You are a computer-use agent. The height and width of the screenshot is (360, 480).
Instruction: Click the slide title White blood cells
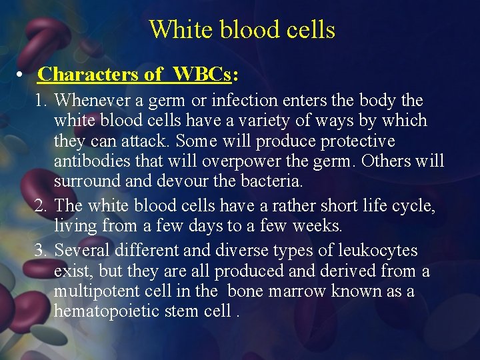pyautogui.click(x=241, y=30)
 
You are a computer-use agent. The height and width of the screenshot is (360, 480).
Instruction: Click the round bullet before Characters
pyautogui.click(x=22, y=74)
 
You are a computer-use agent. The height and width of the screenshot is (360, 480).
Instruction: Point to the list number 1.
pyautogui.click(x=41, y=101)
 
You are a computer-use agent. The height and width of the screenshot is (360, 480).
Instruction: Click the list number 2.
pyautogui.click(x=41, y=207)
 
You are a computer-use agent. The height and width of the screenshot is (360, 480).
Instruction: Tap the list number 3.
pyautogui.click(x=41, y=251)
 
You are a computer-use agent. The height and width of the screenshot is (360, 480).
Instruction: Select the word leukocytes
pyautogui.click(x=375, y=251)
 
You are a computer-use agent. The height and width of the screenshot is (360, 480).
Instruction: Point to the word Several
pyautogui.click(x=82, y=251)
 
